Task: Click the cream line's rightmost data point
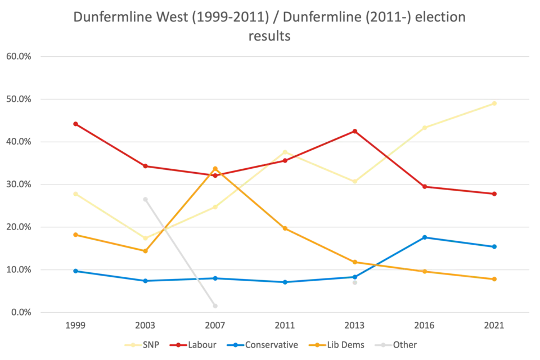click(x=495, y=103)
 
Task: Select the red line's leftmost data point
click(x=75, y=122)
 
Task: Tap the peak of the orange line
click(x=215, y=168)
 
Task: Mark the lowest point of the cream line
click(x=146, y=238)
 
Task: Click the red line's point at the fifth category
click(x=355, y=130)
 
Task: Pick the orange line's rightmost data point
click(x=495, y=279)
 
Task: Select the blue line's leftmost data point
click(x=75, y=271)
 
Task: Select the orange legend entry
click(x=337, y=345)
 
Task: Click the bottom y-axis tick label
click(x=19, y=312)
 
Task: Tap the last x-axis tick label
click(x=495, y=326)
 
